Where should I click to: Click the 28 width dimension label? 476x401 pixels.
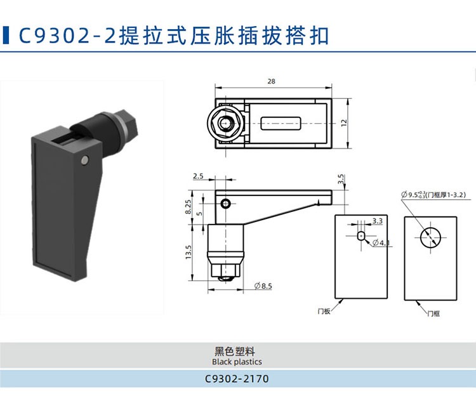tap(271, 81)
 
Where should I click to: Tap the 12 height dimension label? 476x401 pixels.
tap(343, 123)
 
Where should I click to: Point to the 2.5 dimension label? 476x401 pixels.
tap(198, 176)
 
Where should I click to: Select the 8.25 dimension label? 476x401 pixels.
tap(188, 207)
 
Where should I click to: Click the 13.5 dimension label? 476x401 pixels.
tap(188, 252)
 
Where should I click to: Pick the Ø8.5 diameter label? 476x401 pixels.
tap(263, 286)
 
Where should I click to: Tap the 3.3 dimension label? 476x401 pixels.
tap(378, 221)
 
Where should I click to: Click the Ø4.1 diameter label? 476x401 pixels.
tap(381, 243)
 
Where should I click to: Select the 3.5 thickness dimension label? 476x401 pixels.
tap(341, 179)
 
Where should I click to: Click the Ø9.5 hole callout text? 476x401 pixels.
tap(433, 195)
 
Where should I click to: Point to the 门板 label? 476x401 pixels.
tap(324, 311)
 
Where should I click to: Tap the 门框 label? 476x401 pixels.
tap(433, 313)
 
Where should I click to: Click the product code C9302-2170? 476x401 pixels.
tap(237, 379)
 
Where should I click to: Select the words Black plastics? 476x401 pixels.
tap(237, 362)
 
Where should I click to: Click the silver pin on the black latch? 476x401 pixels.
tap(85, 160)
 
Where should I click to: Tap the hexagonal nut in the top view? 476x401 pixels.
tap(225, 123)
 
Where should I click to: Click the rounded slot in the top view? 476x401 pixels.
tap(281, 123)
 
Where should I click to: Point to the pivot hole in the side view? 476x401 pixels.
tap(225, 204)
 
